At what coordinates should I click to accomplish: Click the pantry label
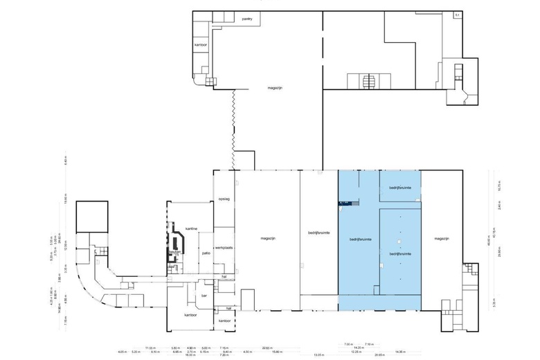[x=247, y=20]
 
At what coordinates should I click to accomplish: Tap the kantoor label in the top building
[x=202, y=44]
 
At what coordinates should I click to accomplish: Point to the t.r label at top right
[x=457, y=15]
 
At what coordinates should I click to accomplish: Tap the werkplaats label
[x=223, y=247]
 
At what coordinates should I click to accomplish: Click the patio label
[x=206, y=253]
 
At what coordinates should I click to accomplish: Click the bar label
[x=204, y=296]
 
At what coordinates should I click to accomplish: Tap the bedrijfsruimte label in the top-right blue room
[x=400, y=188]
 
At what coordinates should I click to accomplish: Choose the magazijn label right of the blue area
[x=443, y=239]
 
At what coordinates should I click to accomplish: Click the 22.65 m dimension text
[x=266, y=348]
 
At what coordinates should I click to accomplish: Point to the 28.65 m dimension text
[x=379, y=355]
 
